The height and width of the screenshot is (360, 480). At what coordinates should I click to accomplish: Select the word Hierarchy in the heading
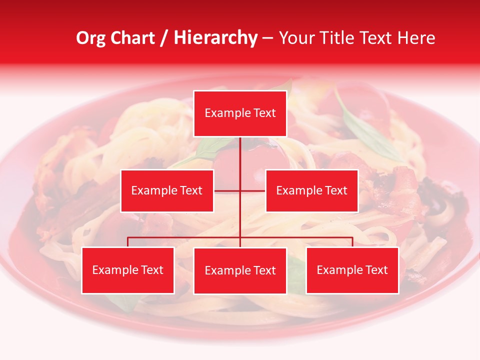[215, 38]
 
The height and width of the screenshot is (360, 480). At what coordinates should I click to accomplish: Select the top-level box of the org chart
[240, 113]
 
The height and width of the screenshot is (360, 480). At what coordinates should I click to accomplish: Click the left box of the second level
[167, 190]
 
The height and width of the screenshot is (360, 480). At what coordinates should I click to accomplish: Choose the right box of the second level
[311, 190]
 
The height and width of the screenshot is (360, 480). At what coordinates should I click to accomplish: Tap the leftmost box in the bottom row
[127, 270]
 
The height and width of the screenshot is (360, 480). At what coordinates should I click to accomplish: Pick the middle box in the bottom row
[240, 270]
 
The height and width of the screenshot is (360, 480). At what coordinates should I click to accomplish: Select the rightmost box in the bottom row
[352, 270]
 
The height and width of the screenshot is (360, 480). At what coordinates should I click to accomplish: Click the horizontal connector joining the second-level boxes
[240, 190]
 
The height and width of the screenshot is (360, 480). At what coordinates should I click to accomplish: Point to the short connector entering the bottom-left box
[127, 242]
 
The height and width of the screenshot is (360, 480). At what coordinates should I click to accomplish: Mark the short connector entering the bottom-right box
[352, 242]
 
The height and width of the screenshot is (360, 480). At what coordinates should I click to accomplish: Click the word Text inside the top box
[264, 113]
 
